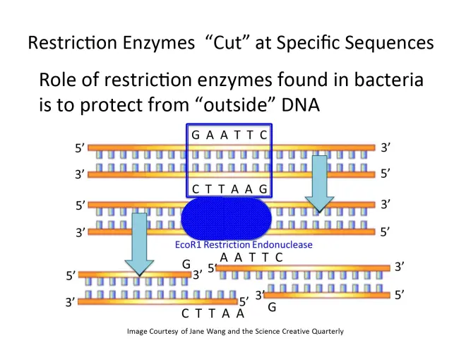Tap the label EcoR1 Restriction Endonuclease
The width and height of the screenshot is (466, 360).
243,245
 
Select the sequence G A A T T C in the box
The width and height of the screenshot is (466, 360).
229,134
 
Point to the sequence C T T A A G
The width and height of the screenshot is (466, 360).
229,188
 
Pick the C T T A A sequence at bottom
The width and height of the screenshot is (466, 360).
212,313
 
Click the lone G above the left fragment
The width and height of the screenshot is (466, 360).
186,264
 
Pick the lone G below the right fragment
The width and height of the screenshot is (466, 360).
271,308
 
